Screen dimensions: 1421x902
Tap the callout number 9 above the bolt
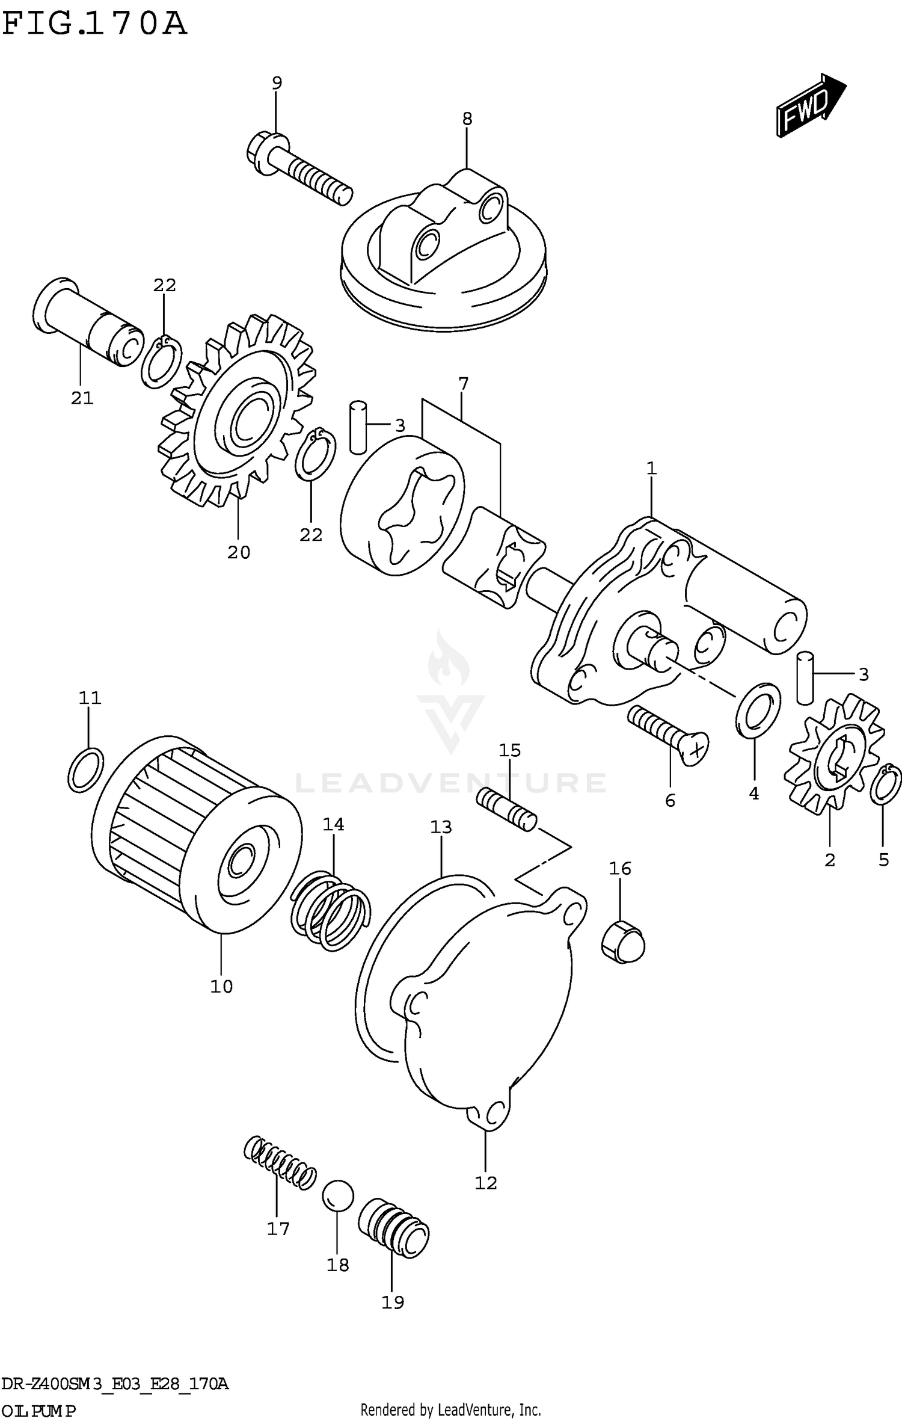tap(277, 83)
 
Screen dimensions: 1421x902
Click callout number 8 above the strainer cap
tap(467, 119)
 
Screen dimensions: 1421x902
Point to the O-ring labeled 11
tap(85, 770)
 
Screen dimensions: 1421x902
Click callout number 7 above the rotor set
tap(463, 384)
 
